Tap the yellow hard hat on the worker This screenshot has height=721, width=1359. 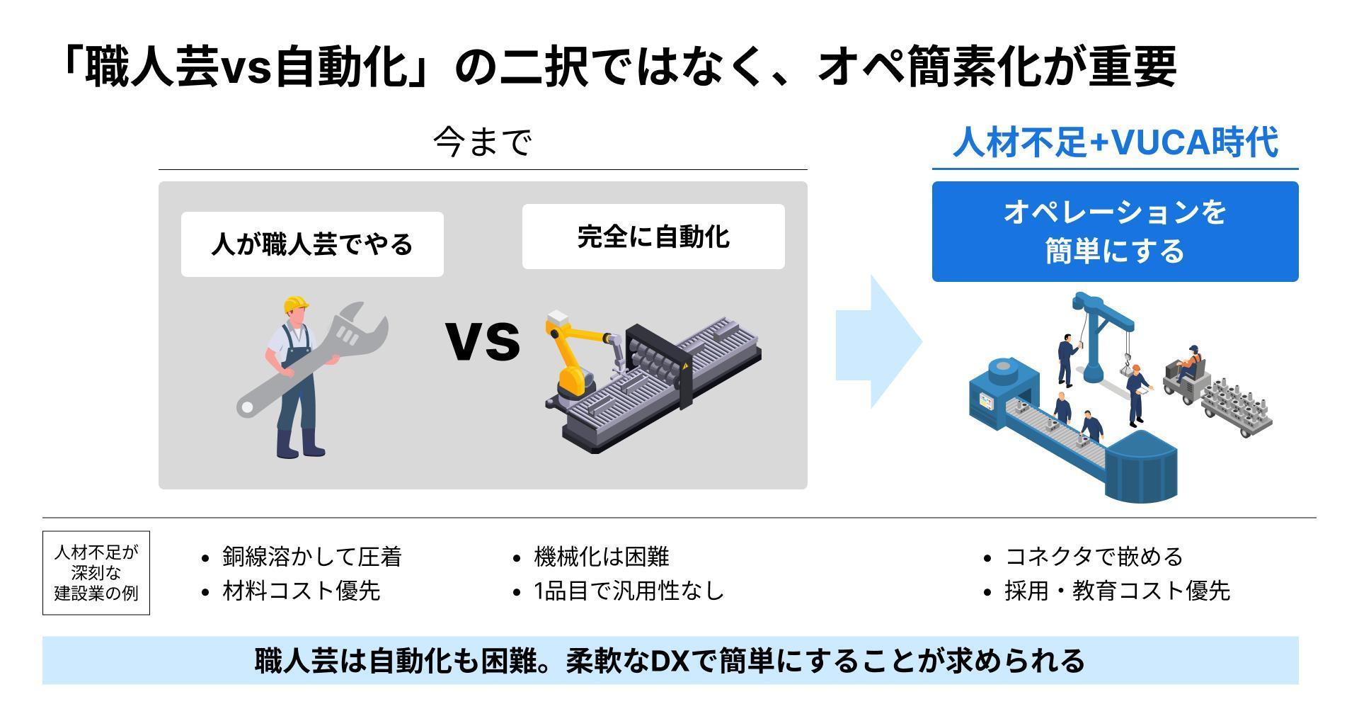click(x=296, y=305)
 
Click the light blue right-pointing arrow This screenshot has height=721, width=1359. click(x=878, y=341)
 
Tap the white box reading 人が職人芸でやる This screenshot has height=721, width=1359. click(x=312, y=244)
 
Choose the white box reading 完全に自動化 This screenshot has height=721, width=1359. click(x=653, y=237)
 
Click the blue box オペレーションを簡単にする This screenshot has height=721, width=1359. click(x=1115, y=232)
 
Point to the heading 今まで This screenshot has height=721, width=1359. click(x=482, y=142)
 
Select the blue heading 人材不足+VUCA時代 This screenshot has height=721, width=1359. click(x=1115, y=142)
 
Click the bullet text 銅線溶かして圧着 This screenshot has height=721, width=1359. click(x=312, y=557)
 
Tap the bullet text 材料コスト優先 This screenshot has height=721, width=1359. click(x=302, y=591)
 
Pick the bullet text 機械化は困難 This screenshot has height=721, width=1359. click(x=602, y=557)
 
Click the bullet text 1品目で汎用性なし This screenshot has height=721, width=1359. click(x=629, y=591)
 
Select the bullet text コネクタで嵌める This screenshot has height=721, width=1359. click(x=1094, y=557)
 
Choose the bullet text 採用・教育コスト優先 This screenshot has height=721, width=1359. click(x=1118, y=591)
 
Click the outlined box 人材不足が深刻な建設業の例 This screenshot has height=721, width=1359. click(x=96, y=573)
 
